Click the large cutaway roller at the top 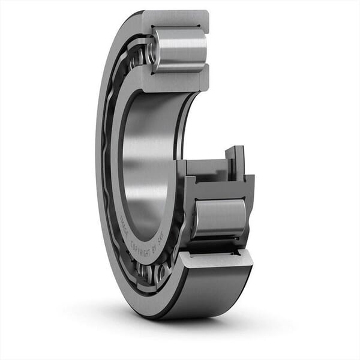point(180,49)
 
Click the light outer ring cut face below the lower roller point(216,258)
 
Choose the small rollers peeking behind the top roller point(140,55)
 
